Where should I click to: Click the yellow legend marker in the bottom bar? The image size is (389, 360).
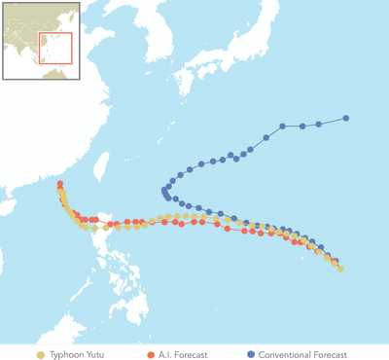[40, 354]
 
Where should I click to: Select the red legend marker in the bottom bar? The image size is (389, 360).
[151, 354]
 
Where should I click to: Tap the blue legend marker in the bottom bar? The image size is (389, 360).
[251, 354]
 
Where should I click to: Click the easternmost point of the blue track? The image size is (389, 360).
[346, 119]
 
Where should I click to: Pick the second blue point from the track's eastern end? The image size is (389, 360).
[318, 124]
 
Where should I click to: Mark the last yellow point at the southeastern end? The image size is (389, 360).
[340, 269]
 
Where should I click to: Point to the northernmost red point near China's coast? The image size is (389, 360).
[60, 184]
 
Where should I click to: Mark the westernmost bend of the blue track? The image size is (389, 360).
[164, 191]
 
